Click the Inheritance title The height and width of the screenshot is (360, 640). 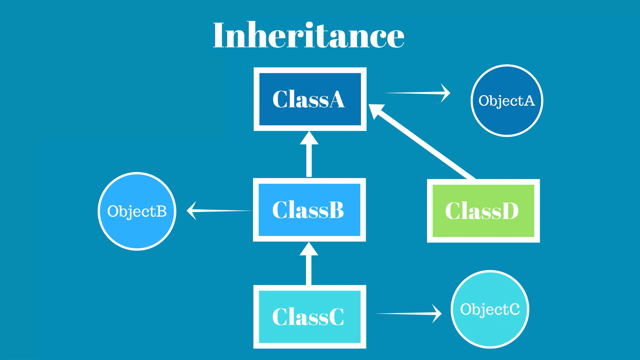[x=308, y=35]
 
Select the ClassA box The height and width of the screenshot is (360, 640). [x=310, y=99]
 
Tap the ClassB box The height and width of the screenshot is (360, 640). [x=309, y=210]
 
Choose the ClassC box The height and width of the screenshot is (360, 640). [x=309, y=317]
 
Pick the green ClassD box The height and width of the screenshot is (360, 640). [x=483, y=211]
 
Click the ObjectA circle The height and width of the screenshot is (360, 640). [x=507, y=101]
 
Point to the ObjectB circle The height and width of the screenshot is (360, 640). [x=137, y=211]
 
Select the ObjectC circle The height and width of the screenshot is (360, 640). [x=490, y=309]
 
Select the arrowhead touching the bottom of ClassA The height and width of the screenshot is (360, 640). [x=309, y=138]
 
